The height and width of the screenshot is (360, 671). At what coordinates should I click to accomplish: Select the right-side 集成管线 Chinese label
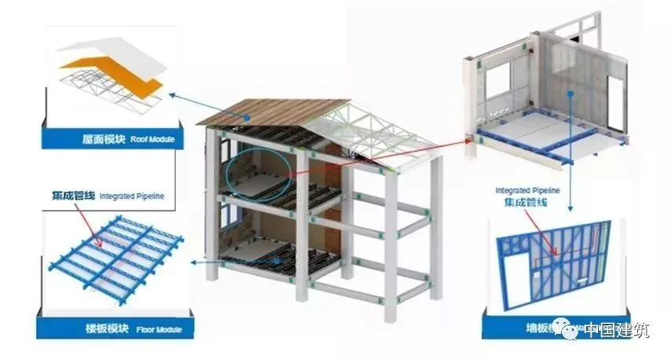click(525, 202)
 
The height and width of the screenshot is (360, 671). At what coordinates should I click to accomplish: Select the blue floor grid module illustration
click(117, 252)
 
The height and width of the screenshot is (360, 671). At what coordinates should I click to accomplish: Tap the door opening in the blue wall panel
click(512, 287)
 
